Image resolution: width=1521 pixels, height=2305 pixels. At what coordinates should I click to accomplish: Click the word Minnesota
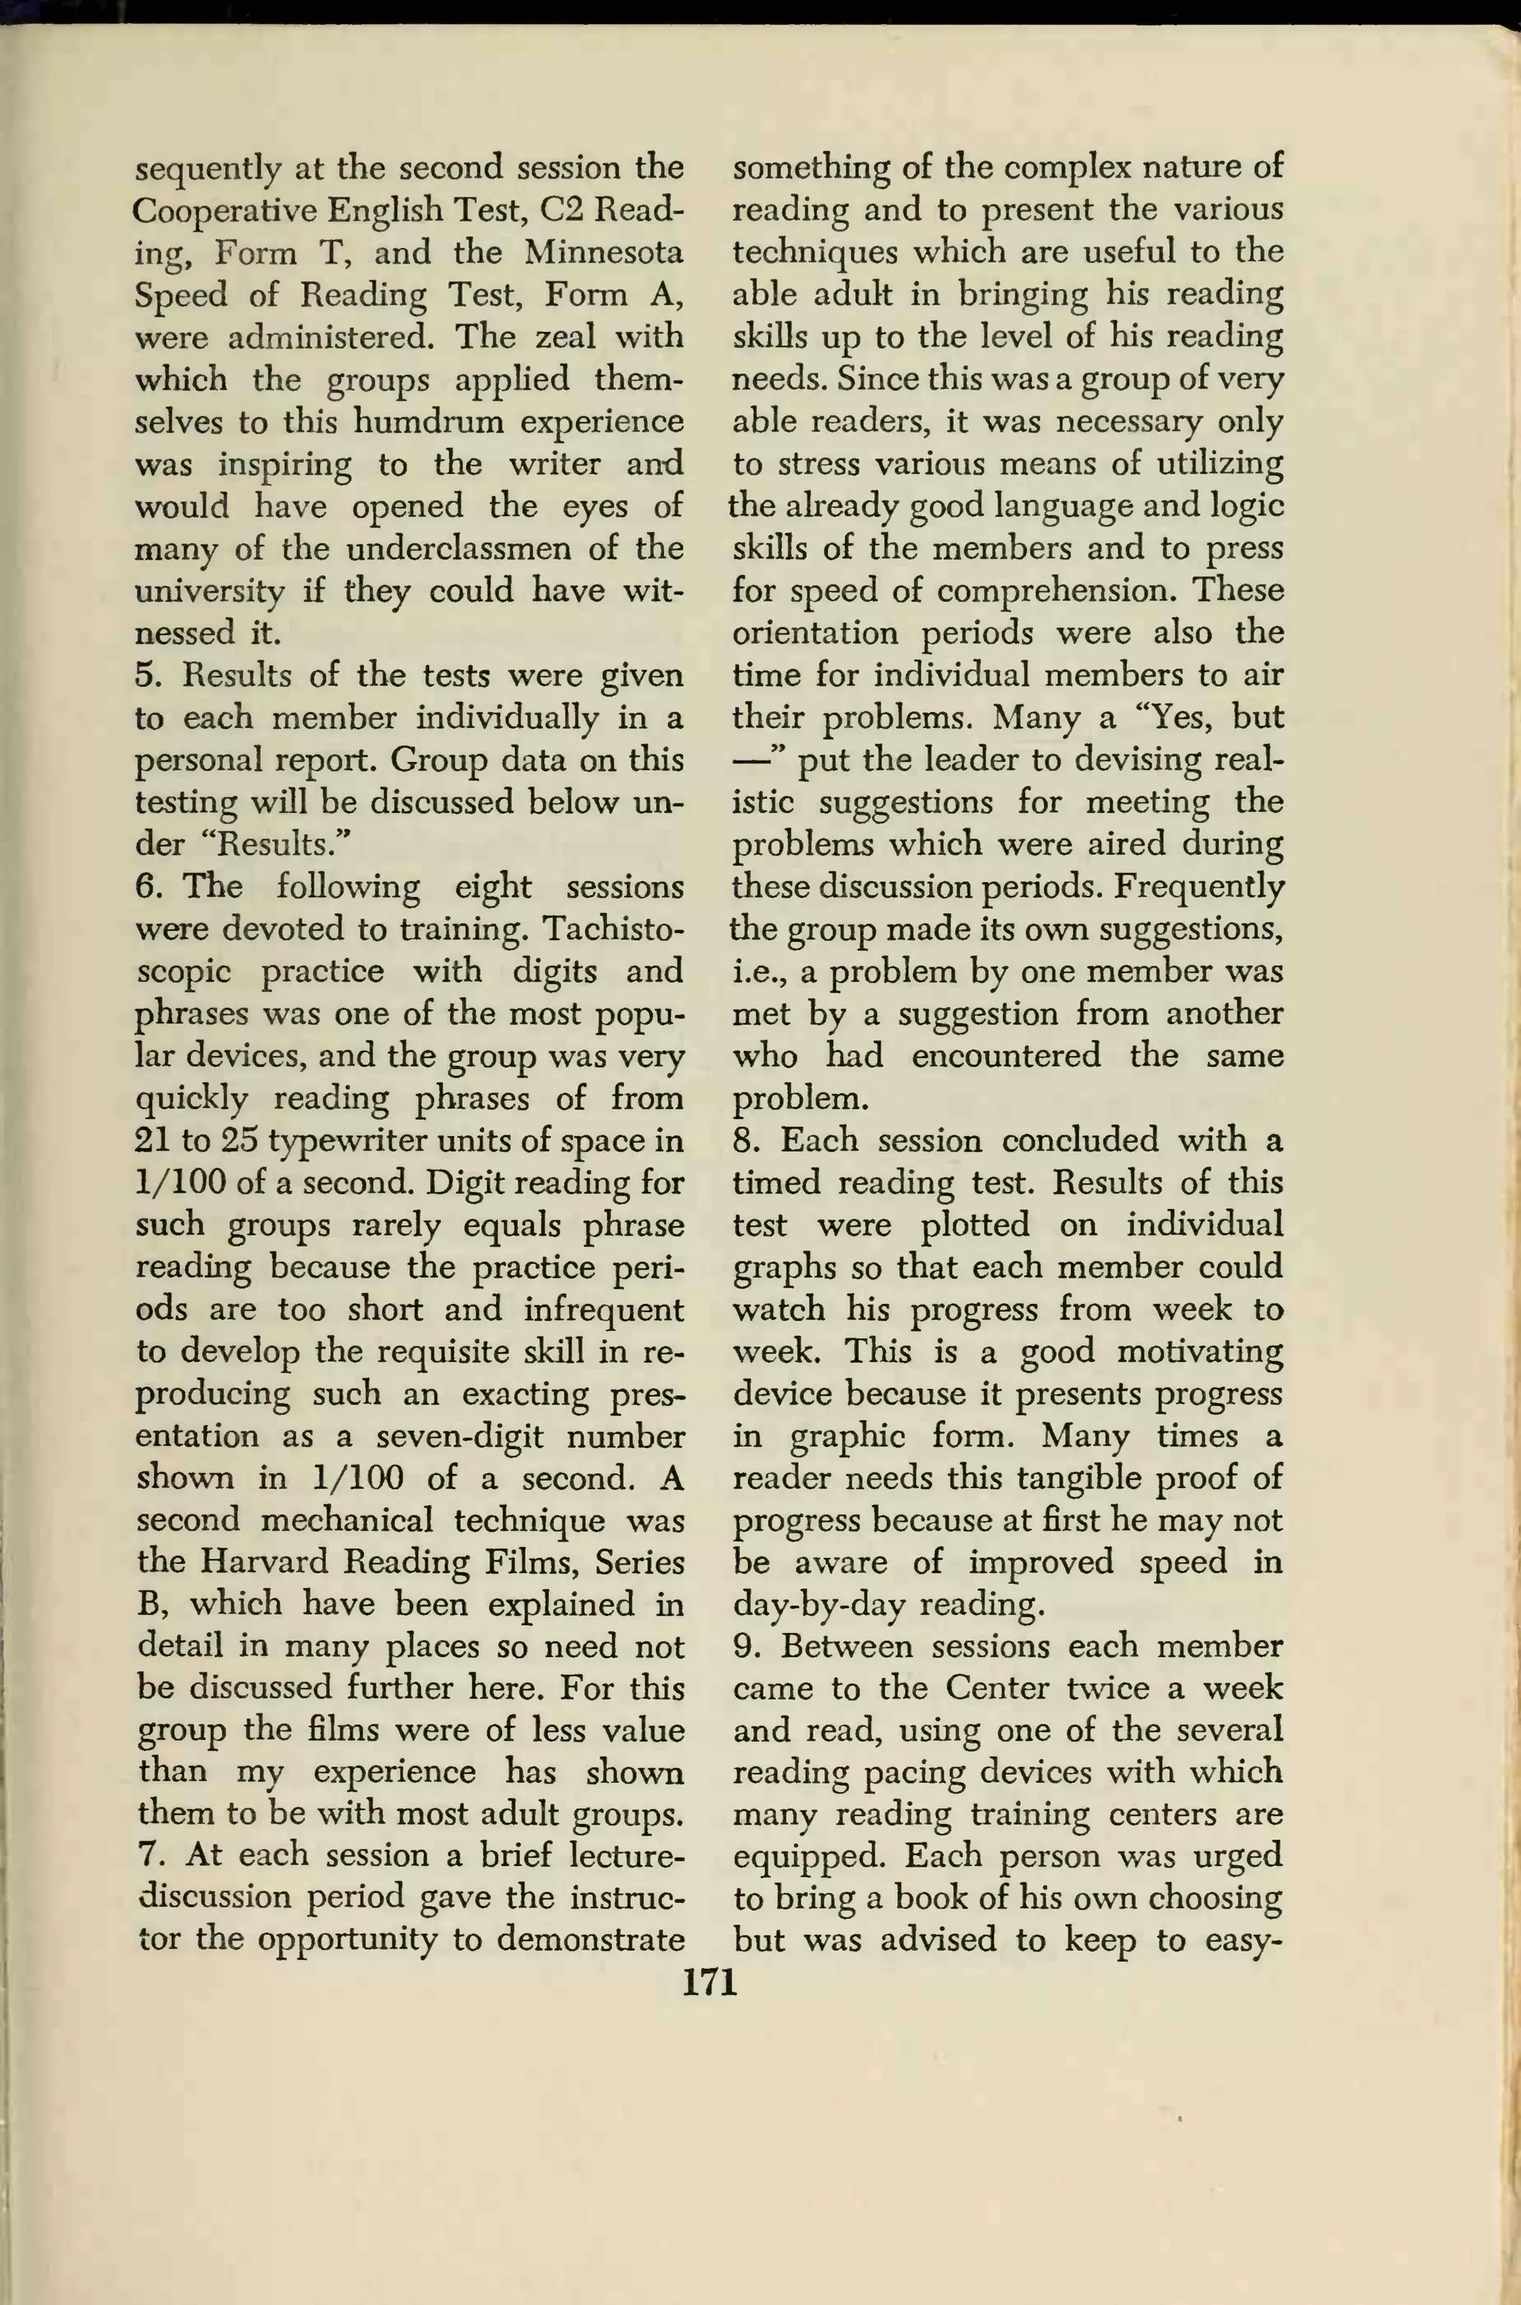603,252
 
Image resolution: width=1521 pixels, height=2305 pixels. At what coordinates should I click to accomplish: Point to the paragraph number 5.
146,675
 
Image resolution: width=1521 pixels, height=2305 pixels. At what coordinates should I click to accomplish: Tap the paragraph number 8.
744,1139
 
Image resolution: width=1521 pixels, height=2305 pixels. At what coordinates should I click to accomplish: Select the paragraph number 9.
744,1646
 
